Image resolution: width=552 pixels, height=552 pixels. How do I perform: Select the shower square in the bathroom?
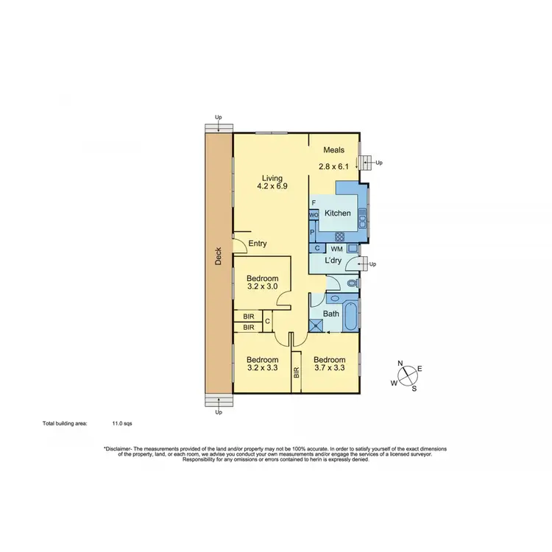316,324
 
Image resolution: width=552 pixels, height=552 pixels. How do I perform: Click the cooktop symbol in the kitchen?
340,236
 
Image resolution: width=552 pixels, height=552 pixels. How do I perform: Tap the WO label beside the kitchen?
313,215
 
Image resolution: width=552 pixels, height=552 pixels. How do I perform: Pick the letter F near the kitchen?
314,202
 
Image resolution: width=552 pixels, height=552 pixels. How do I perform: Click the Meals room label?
333,151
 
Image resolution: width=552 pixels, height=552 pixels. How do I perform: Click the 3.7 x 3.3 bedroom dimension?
330,369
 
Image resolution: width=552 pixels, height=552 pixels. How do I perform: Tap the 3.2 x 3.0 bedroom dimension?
263,288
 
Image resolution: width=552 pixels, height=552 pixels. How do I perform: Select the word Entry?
258,244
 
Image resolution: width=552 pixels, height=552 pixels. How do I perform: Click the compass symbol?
406,376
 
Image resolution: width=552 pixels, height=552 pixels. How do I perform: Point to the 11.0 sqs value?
122,424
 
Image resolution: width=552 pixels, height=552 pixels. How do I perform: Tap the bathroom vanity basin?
333,300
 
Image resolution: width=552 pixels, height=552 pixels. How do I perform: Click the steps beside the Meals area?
365,163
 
